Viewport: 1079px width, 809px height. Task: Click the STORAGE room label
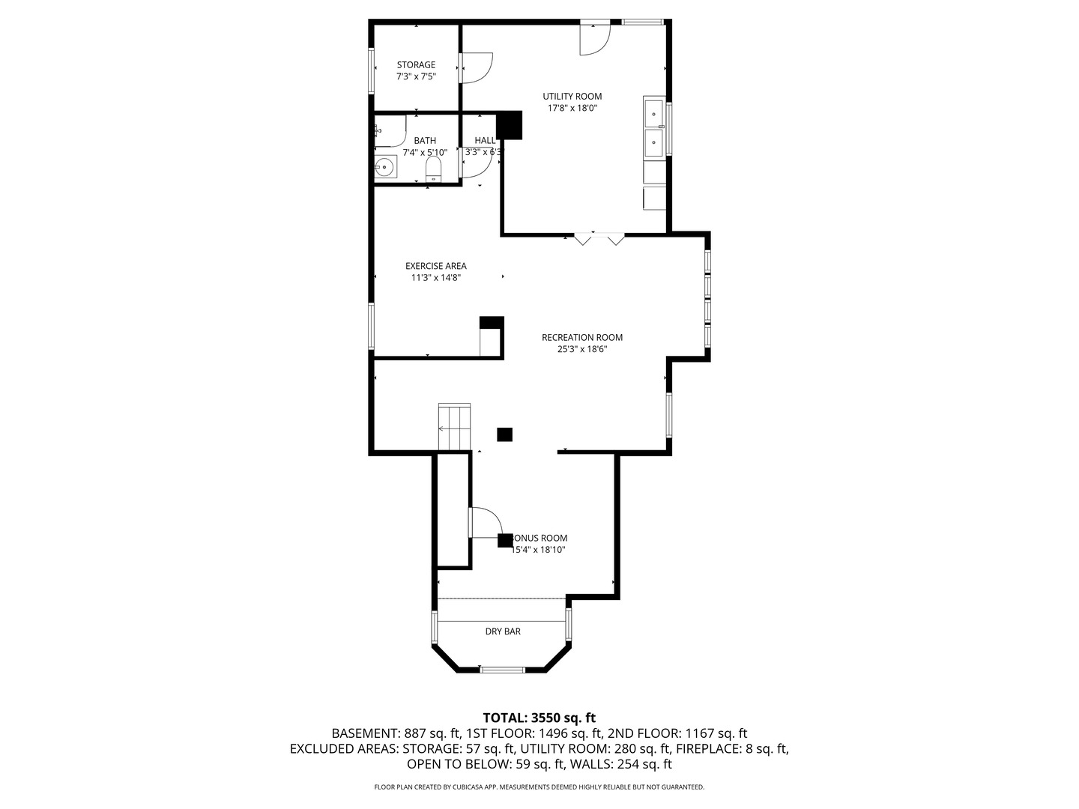(416, 65)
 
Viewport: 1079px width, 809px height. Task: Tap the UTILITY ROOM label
(572, 97)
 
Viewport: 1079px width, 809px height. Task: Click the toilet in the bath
(434, 169)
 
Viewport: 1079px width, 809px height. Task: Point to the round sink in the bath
(385, 166)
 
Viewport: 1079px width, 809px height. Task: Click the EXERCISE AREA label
(435, 266)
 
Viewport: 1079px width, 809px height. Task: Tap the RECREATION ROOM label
(582, 337)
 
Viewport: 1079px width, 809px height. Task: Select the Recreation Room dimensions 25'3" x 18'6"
(582, 348)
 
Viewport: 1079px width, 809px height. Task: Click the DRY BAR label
(503, 631)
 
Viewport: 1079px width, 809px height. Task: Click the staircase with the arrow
(454, 428)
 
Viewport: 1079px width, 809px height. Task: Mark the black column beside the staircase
(505, 434)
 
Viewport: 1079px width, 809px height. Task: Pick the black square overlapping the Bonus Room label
(505, 540)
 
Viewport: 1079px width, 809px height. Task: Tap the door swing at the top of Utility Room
(593, 38)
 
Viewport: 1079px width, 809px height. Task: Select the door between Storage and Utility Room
(476, 67)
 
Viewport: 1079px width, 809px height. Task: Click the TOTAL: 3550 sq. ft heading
(539, 718)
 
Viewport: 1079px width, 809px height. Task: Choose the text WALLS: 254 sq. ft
(621, 764)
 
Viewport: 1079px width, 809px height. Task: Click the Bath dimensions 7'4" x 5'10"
(425, 152)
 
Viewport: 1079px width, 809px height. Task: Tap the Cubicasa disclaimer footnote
(539, 787)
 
